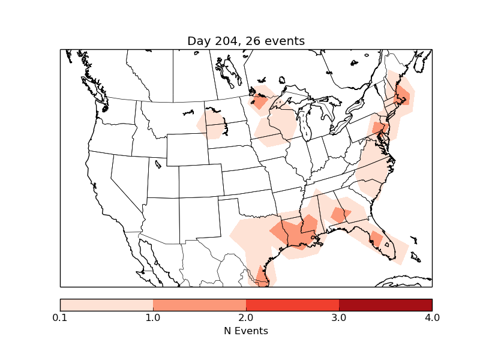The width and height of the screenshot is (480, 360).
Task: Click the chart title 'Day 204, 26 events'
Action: click(x=246, y=41)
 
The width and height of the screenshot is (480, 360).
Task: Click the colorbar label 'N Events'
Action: click(x=246, y=331)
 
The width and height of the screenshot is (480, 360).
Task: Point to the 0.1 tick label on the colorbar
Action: click(x=60, y=317)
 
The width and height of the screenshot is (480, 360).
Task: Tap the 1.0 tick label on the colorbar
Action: click(x=153, y=317)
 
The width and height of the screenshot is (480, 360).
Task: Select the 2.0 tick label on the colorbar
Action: click(x=246, y=317)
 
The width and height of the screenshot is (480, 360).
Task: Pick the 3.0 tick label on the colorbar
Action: click(x=339, y=317)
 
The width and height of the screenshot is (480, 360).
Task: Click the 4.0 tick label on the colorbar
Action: click(x=432, y=317)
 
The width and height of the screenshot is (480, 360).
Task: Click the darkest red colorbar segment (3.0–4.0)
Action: click(x=385, y=304)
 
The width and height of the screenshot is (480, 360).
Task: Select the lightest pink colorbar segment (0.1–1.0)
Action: click(x=107, y=304)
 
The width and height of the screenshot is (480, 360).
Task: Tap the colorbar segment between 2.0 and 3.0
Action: click(x=292, y=304)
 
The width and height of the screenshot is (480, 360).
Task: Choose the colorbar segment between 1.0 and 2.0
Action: click(x=199, y=304)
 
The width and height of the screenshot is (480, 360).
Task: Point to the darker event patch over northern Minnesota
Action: click(x=260, y=101)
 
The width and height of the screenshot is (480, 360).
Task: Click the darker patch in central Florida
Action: click(x=377, y=238)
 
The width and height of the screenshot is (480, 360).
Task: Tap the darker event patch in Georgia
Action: click(x=340, y=214)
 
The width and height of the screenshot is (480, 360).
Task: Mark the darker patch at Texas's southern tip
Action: click(x=262, y=275)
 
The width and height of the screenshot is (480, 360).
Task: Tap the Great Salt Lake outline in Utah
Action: click(x=158, y=163)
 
